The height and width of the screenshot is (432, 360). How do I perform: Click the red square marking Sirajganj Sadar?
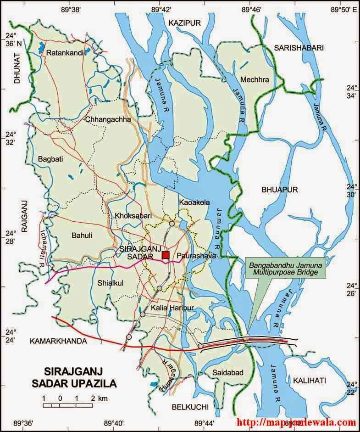pyautogui.click(x=166, y=255)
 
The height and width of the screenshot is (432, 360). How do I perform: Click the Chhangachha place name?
pyautogui.click(x=108, y=120)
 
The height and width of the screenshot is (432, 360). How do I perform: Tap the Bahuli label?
pyautogui.click(x=82, y=236)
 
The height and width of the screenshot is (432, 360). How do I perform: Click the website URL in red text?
pyautogui.click(x=296, y=422)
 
